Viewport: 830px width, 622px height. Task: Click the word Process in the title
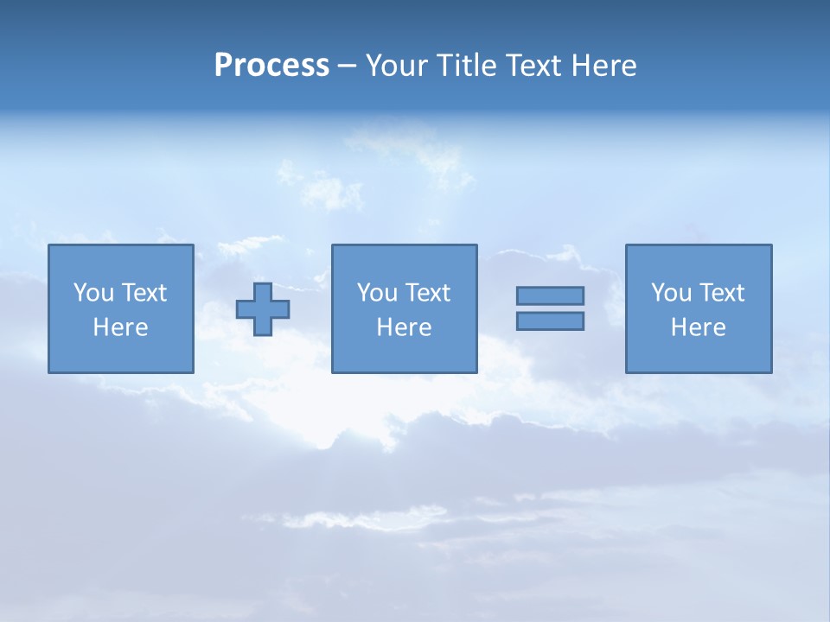(x=271, y=66)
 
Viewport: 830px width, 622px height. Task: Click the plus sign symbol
(x=263, y=309)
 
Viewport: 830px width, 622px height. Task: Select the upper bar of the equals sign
(x=550, y=295)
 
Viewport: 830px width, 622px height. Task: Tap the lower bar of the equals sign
(x=550, y=321)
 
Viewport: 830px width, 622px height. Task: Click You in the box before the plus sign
(x=93, y=293)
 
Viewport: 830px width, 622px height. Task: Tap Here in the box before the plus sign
(x=120, y=327)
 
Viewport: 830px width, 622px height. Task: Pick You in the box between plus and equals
(x=377, y=293)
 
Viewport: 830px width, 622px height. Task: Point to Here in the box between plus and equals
(x=404, y=327)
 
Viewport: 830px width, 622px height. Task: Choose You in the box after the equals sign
(x=671, y=293)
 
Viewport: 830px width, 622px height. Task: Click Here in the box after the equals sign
(x=698, y=327)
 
